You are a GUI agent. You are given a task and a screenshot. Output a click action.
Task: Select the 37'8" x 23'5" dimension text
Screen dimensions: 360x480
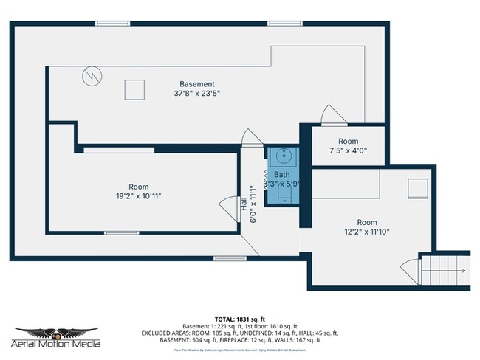pyautogui.click(x=197, y=94)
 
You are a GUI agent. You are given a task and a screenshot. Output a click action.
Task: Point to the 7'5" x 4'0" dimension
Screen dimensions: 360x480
pyautogui.click(x=348, y=150)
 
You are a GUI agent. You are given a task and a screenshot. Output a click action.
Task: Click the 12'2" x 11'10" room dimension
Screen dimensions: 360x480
pyautogui.click(x=367, y=232)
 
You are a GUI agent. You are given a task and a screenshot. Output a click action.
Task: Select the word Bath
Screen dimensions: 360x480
pyautogui.click(x=281, y=174)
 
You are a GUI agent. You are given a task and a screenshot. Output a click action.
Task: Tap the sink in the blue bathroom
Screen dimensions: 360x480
pyautogui.click(x=281, y=157)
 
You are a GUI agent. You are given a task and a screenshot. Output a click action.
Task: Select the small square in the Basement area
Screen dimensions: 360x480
pyautogui.click(x=133, y=89)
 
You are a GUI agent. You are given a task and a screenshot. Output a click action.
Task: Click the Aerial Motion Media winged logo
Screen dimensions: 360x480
pyautogui.click(x=57, y=333)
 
